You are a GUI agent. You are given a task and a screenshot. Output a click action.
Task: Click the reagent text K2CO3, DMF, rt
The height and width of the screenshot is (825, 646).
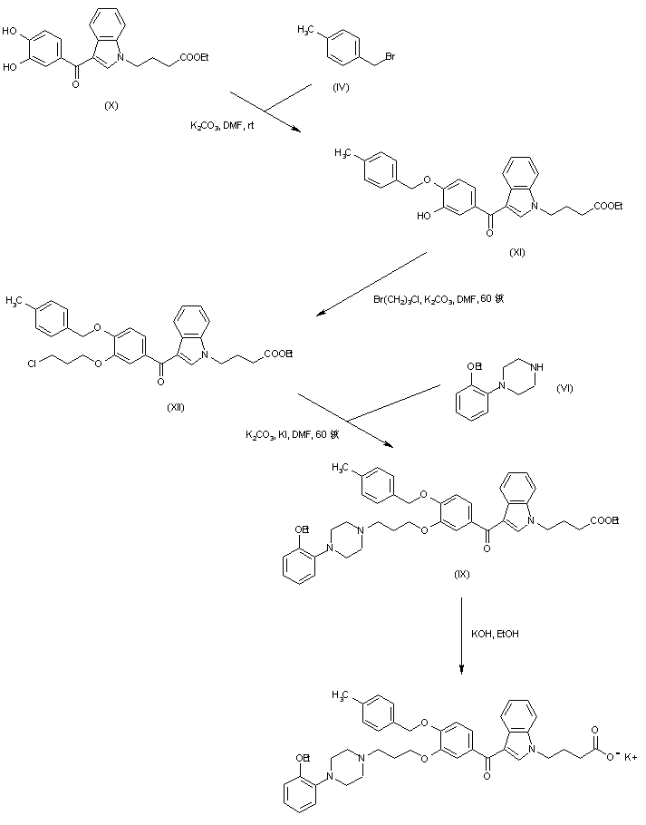click(x=222, y=127)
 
